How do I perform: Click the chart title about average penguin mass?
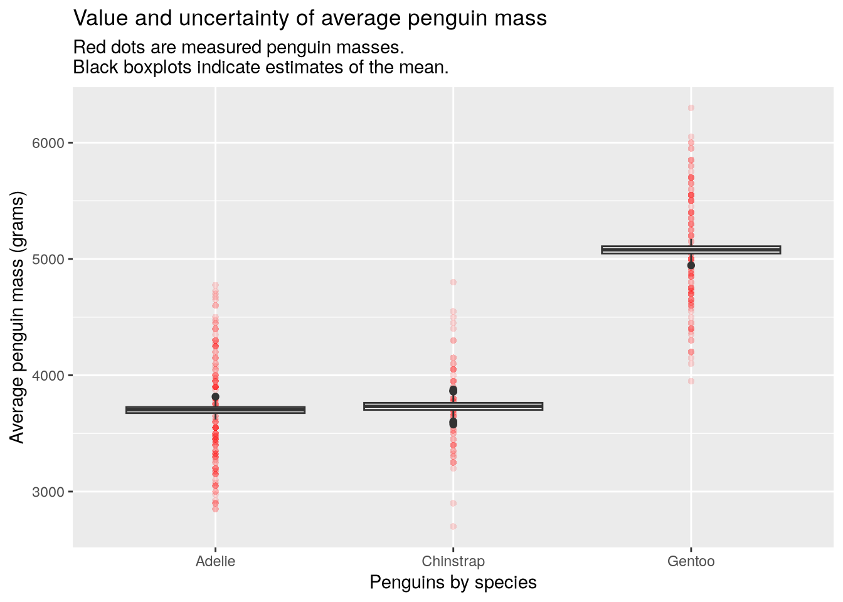pyautogui.click(x=310, y=19)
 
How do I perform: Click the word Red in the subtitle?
pyautogui.click(x=87, y=48)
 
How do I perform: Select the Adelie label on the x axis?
pyautogui.click(x=215, y=561)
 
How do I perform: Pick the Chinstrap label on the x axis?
pyautogui.click(x=453, y=561)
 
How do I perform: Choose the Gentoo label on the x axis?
pyautogui.click(x=691, y=561)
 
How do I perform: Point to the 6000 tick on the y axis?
pyautogui.click(x=48, y=143)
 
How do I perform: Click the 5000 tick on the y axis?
pyautogui.click(x=48, y=259)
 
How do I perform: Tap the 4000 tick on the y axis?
pyautogui.click(x=48, y=376)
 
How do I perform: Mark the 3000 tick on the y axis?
pyautogui.click(x=48, y=492)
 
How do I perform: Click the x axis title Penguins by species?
pyautogui.click(x=453, y=583)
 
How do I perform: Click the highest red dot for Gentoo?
pyautogui.click(x=691, y=108)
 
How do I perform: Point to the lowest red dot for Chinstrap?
pyautogui.click(x=453, y=526)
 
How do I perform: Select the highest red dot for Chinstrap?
pyautogui.click(x=453, y=282)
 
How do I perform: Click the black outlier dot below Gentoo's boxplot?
pyautogui.click(x=691, y=265)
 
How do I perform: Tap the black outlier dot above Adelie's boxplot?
pyautogui.click(x=215, y=397)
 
